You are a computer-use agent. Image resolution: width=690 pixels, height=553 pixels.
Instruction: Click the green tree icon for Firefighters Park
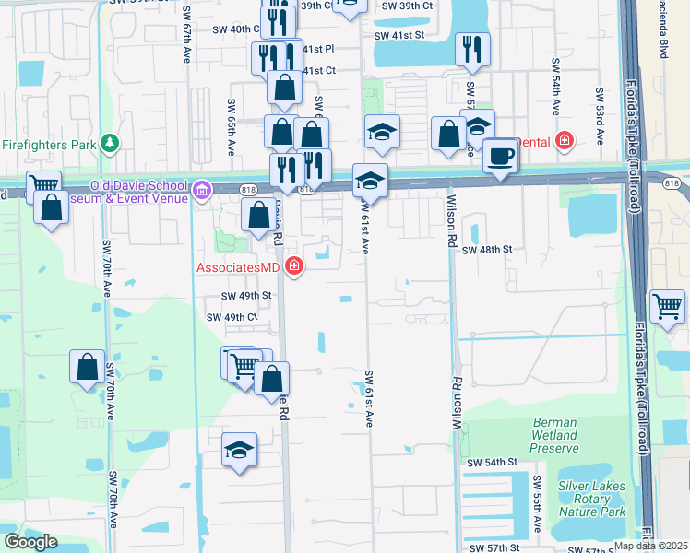tap(111, 144)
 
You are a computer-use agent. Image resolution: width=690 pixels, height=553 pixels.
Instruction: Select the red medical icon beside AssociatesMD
tap(294, 267)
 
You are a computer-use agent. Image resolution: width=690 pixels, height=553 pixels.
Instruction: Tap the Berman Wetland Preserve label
tap(555, 436)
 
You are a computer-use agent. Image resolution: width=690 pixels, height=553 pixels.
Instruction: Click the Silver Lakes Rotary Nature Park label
tap(591, 499)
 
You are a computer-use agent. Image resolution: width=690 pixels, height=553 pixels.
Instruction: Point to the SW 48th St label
tap(486, 250)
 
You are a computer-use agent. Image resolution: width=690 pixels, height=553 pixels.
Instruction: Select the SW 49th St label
tap(245, 296)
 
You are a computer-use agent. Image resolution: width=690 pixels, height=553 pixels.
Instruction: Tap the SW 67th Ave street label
tap(186, 44)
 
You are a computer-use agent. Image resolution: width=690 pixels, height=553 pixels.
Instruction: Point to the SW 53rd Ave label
tap(599, 115)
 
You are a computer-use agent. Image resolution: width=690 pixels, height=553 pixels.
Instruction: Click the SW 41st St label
tap(399, 36)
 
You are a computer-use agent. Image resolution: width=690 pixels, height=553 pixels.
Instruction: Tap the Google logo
tap(30, 542)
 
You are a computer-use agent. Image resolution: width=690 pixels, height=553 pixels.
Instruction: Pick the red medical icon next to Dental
tap(565, 142)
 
